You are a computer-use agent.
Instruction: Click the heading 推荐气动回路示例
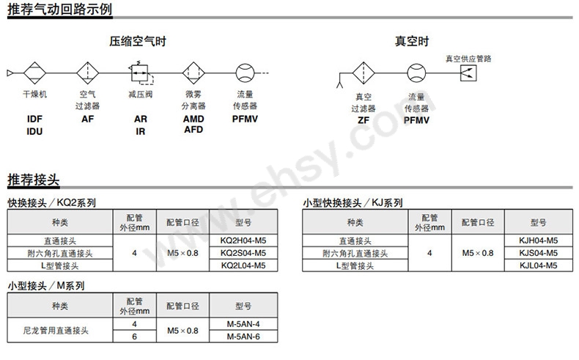[60, 10]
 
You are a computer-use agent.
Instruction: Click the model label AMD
[193, 119]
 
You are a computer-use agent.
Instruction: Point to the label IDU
[35, 131]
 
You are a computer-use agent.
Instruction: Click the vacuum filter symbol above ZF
[364, 73]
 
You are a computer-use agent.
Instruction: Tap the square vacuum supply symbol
[467, 73]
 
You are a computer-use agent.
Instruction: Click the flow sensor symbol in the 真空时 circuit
[416, 73]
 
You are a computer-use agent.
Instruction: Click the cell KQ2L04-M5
[243, 265]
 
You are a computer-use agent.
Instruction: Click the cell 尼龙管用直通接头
[59, 331]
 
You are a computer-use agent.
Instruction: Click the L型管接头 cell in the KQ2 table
[59, 265]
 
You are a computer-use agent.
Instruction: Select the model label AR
[140, 119]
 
